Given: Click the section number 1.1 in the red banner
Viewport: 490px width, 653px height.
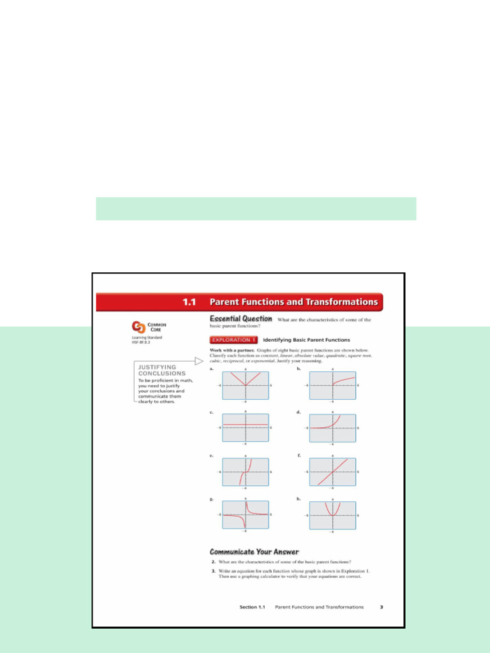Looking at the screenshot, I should coord(188,302).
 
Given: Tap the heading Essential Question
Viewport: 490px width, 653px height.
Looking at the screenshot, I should coord(241,319).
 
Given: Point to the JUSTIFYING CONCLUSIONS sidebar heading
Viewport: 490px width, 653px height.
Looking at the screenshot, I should coord(162,370).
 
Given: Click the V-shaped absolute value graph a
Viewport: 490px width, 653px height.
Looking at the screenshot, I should coord(246,385).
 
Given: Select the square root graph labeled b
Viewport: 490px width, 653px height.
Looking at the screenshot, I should coord(332,385).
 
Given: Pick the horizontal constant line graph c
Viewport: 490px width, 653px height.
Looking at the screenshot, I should coord(246,427).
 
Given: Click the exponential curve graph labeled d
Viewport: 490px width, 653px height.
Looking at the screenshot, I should coord(332,427).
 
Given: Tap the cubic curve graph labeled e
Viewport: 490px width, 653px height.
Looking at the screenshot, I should coord(246,471).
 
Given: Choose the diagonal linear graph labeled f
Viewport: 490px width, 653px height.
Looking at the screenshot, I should coord(332,471).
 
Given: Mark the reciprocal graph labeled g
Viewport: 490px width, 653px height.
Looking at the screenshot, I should coord(246,514).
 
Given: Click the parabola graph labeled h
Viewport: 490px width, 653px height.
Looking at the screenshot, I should coord(332,514).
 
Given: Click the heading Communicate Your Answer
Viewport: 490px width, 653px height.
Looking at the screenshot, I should coord(254,552).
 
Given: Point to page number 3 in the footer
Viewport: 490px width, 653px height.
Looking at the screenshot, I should coord(381,607).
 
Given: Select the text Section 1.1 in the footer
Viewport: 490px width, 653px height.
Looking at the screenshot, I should coord(251,607).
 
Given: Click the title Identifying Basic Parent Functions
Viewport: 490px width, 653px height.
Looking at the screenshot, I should coord(306,340).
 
